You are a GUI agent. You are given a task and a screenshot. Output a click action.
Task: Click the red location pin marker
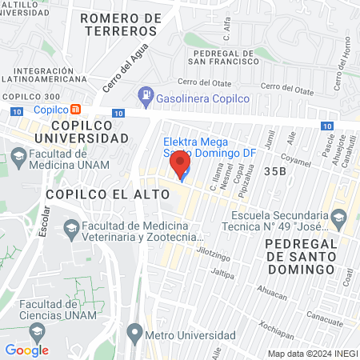[180, 166]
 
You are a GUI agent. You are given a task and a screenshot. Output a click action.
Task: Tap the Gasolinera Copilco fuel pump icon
[146, 98]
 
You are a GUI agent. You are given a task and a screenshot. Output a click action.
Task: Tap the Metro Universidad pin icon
[134, 331]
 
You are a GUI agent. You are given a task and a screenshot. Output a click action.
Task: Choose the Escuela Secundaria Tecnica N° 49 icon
[340, 216]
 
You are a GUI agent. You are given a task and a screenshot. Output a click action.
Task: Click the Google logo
[26, 350]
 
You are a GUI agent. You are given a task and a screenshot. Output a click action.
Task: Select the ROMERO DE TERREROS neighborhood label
[118, 23]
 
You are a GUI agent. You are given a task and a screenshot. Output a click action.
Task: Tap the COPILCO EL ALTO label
[107, 194]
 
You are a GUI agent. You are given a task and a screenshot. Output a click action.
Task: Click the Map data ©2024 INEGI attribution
[311, 354]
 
